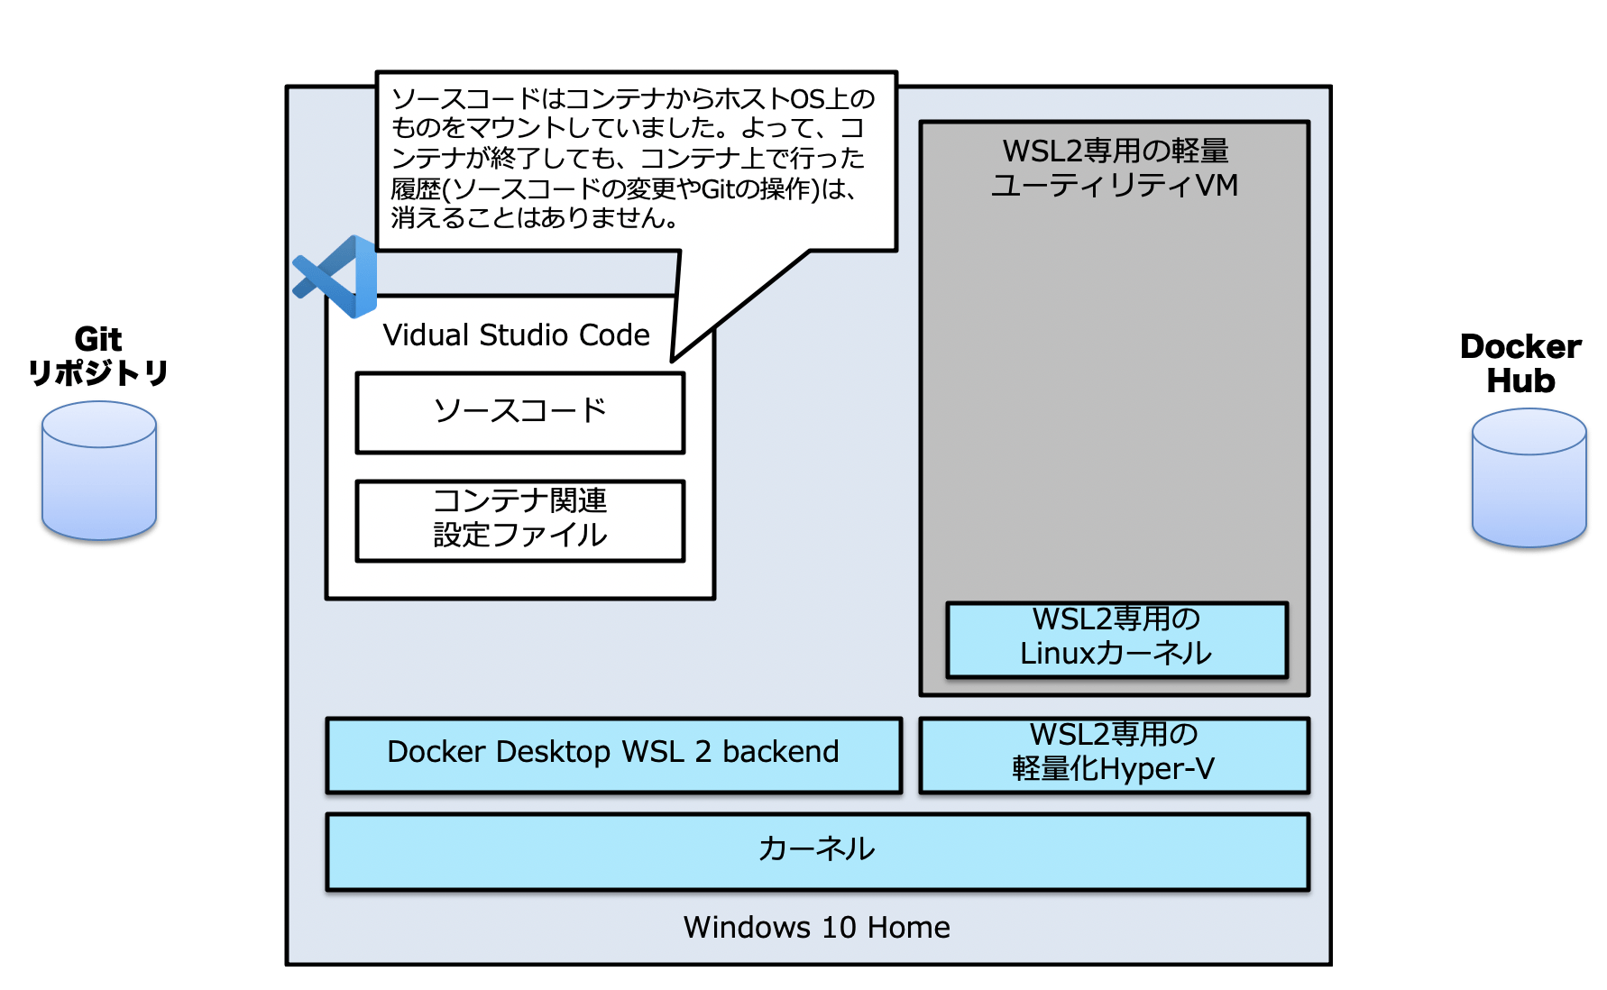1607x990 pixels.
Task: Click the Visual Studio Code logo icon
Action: click(x=335, y=277)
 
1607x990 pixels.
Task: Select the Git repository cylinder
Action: click(x=99, y=471)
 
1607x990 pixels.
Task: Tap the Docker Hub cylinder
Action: click(x=1529, y=478)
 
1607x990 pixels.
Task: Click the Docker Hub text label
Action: click(x=1520, y=363)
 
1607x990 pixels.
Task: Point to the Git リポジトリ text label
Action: click(x=98, y=356)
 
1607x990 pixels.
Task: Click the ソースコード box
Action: click(x=520, y=413)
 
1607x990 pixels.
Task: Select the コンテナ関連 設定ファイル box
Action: click(x=520, y=521)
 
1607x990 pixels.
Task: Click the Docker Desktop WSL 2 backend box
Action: click(x=614, y=756)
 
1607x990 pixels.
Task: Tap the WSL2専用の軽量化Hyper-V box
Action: click(x=1115, y=756)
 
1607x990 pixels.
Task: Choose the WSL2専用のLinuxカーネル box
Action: click(x=1117, y=640)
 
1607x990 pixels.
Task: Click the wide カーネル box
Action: click(x=818, y=852)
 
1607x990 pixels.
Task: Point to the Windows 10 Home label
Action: click(x=817, y=927)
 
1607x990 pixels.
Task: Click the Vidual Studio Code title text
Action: click(x=516, y=335)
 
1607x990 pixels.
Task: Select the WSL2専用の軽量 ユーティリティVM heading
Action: click(x=1116, y=168)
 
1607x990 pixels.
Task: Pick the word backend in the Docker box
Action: click(x=781, y=751)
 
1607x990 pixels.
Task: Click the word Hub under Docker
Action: click(x=1520, y=380)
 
